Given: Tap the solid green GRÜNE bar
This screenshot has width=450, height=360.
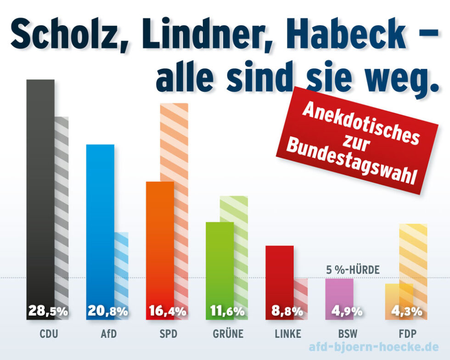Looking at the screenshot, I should [219, 257].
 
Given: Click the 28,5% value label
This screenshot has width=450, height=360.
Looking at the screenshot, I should [48, 311].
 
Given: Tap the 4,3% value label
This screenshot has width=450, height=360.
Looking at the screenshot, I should [406, 311].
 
